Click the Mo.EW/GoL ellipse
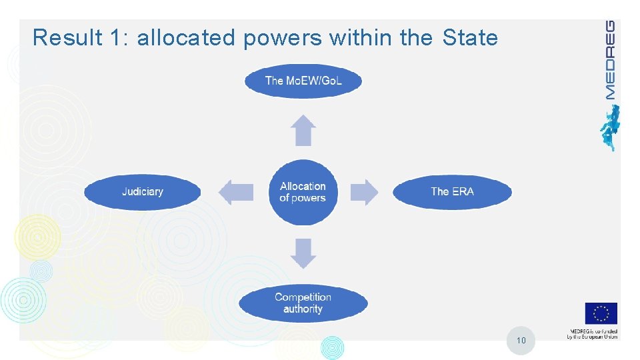pos(303,81)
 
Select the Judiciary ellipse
pos(142,192)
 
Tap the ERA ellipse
pos(452,192)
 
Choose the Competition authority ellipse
pos(303,303)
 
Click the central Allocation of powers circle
pos(303,192)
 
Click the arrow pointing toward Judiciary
pos(236,192)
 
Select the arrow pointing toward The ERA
pos(364,192)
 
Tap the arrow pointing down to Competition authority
pos(304,253)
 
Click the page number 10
pos(521,341)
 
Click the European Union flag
pos(601,313)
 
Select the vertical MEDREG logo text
pos(610,59)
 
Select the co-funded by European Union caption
pos(592,334)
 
